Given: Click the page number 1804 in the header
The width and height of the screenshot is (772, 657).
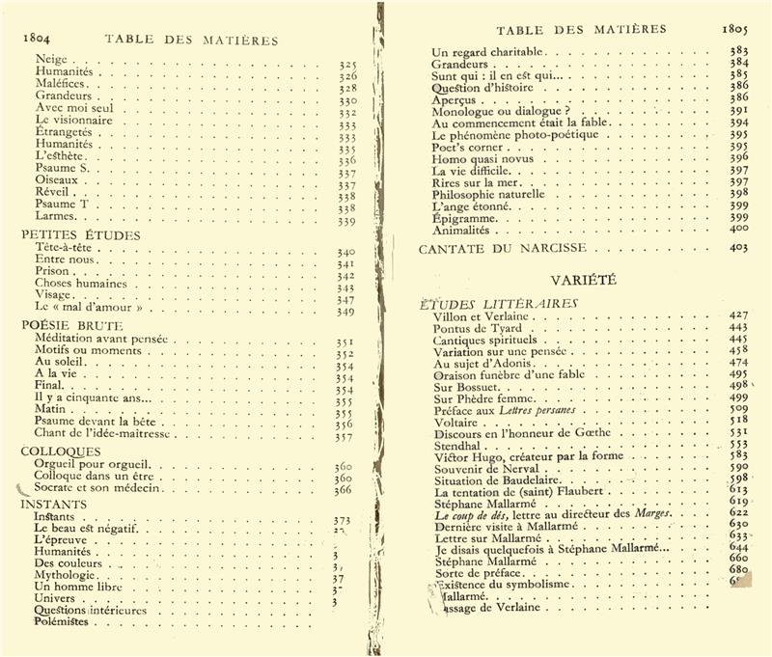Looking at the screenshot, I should [x=35, y=40].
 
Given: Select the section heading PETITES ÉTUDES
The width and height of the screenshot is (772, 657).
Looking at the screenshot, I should [x=80, y=234].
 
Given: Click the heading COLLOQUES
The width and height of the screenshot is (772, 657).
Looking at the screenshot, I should [x=61, y=451].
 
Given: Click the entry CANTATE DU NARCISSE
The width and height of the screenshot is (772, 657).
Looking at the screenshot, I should [x=502, y=248].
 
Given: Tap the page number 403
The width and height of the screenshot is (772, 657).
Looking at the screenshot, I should [x=740, y=248].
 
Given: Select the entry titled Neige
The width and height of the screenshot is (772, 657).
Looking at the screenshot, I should [x=50, y=59].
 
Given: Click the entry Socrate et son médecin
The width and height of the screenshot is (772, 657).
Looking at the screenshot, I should [x=96, y=489].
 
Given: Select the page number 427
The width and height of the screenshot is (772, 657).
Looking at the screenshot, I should [x=740, y=315].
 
